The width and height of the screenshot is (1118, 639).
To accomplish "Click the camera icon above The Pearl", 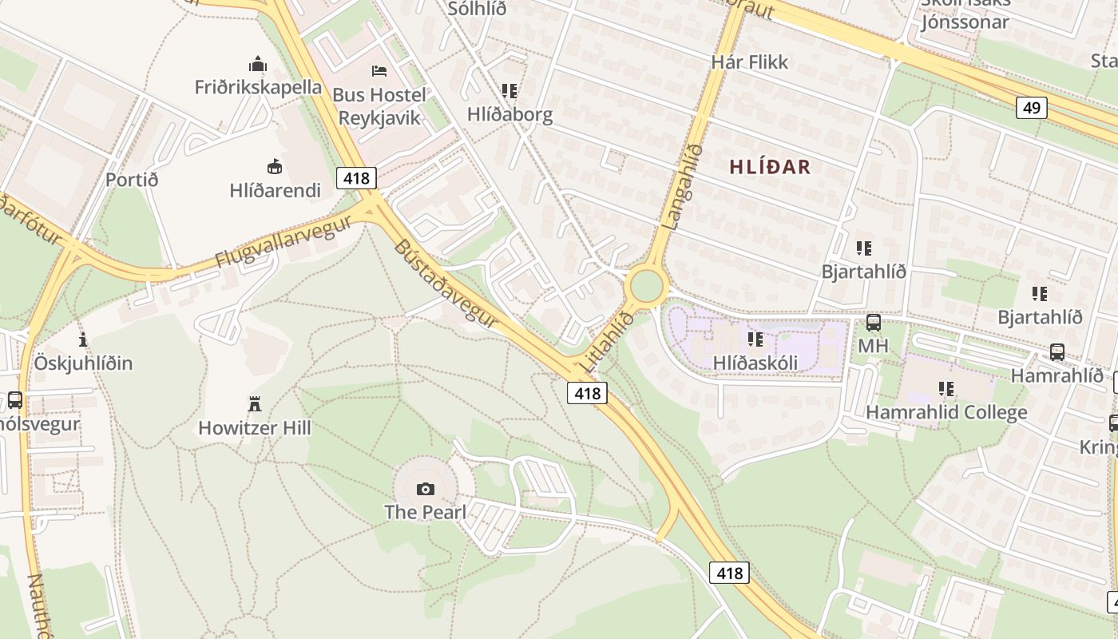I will coord(426,489).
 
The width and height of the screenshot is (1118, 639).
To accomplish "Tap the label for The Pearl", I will coord(426,512).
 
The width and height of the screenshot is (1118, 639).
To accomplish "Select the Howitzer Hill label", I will coord(255,428).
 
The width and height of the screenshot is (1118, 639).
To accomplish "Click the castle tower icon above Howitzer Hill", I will coord(255,404).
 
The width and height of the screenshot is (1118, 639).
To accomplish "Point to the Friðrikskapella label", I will coord(258,87).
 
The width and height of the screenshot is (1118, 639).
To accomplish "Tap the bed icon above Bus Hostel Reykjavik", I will coord(379,71).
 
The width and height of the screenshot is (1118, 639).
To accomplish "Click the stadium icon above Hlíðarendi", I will coord(275,166).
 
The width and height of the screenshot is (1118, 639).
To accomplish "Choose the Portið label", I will coord(132,180).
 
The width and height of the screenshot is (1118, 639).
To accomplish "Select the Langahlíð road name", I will coord(683,187).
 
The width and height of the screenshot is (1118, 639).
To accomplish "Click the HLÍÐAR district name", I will coord(770,167).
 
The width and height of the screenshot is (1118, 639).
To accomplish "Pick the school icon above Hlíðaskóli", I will coord(755,339).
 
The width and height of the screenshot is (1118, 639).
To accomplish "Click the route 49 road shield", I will coord(1032,107).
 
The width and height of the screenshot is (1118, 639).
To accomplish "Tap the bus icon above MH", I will coord(874,323).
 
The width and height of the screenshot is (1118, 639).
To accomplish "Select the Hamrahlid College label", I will coord(946,413).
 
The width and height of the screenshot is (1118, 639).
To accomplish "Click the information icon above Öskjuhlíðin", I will coord(83,339).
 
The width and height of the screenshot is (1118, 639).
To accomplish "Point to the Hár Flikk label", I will coord(749,62).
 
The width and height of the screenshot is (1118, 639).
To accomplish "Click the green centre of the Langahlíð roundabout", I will coord(646,286).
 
